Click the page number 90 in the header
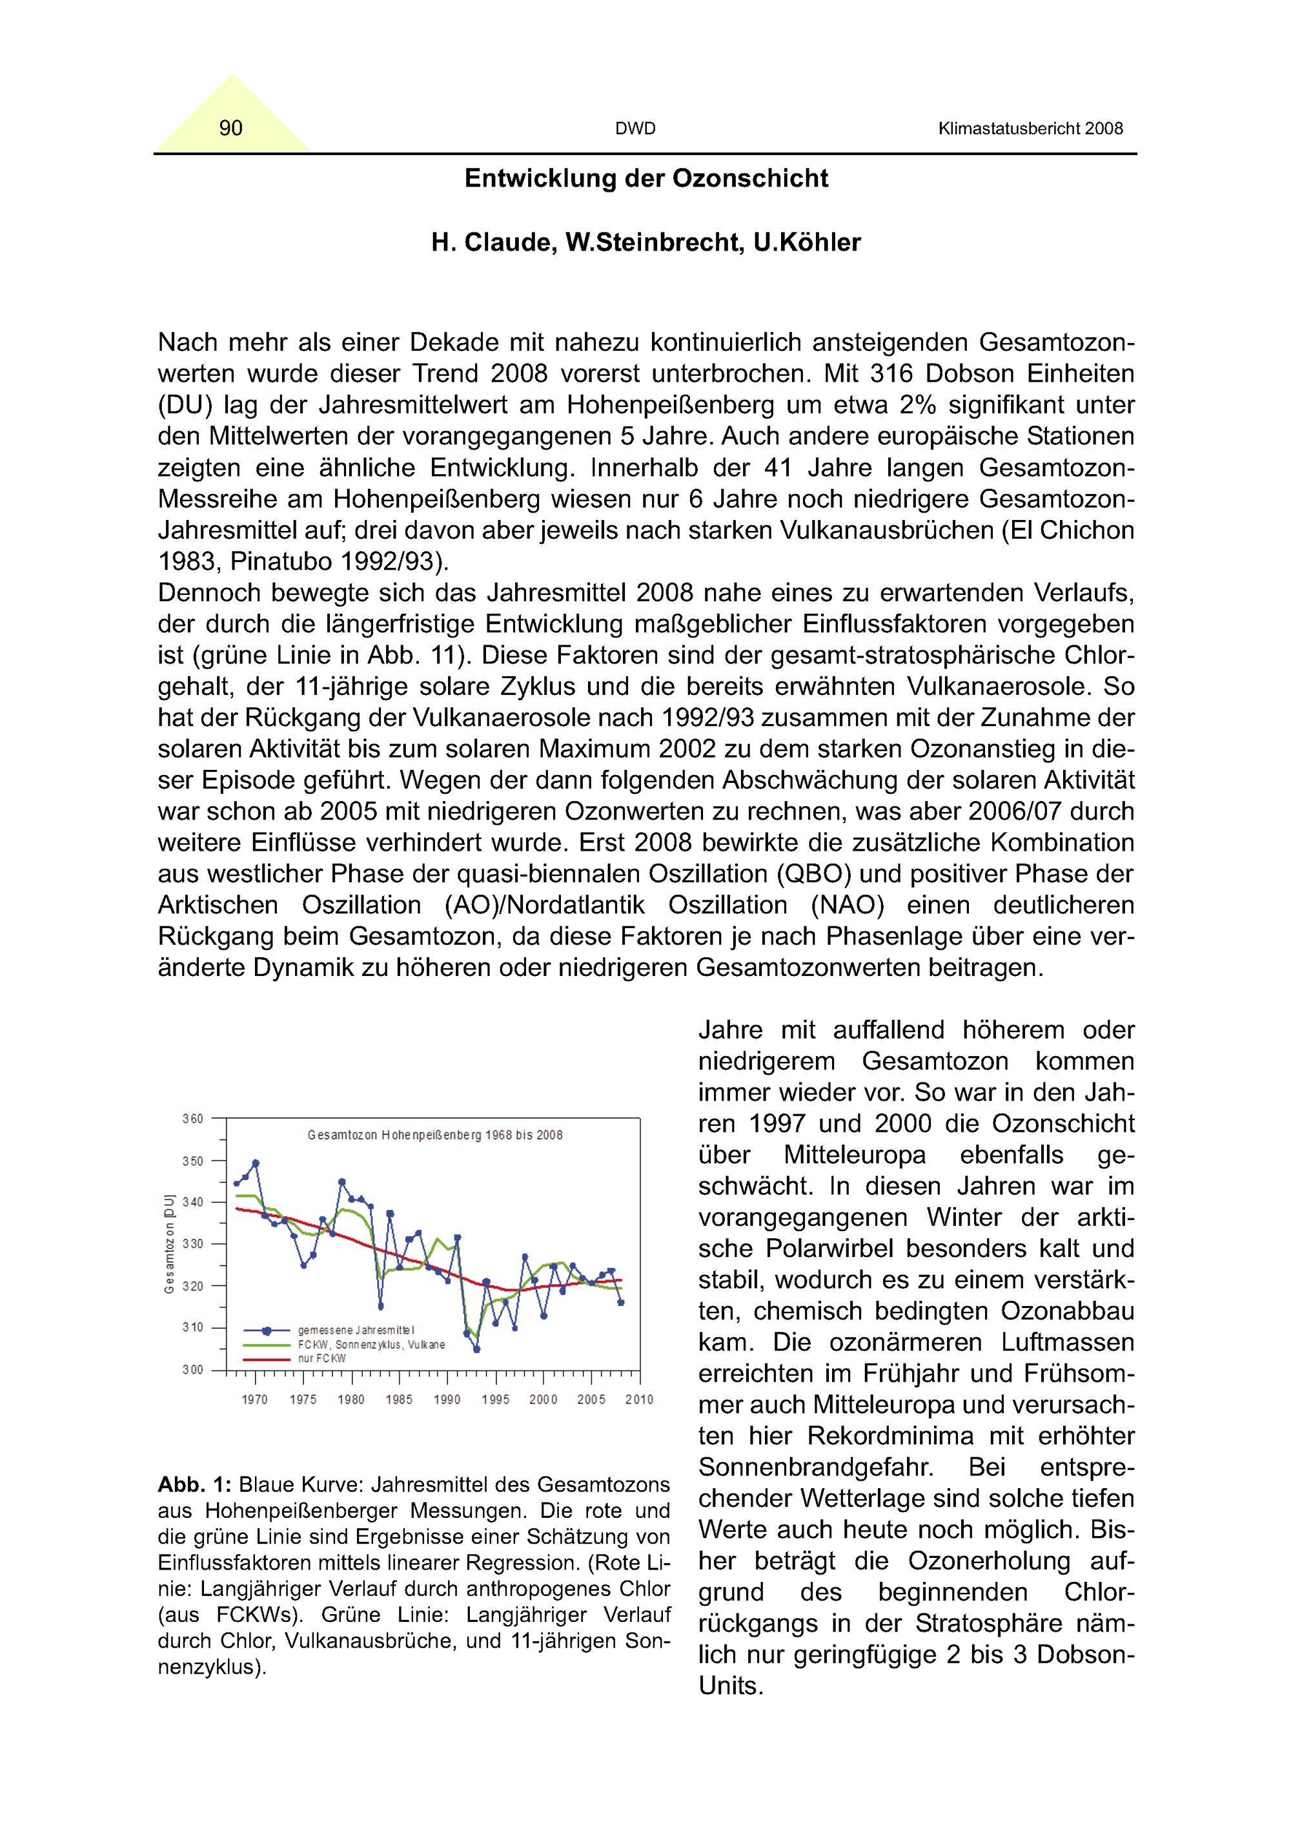click(230, 128)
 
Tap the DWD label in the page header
click(635, 129)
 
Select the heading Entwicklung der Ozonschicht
click(645, 178)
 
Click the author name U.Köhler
click(807, 243)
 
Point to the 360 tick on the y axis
click(193, 1119)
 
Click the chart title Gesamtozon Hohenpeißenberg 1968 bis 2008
click(435, 1136)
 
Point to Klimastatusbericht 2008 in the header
click(1030, 129)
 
